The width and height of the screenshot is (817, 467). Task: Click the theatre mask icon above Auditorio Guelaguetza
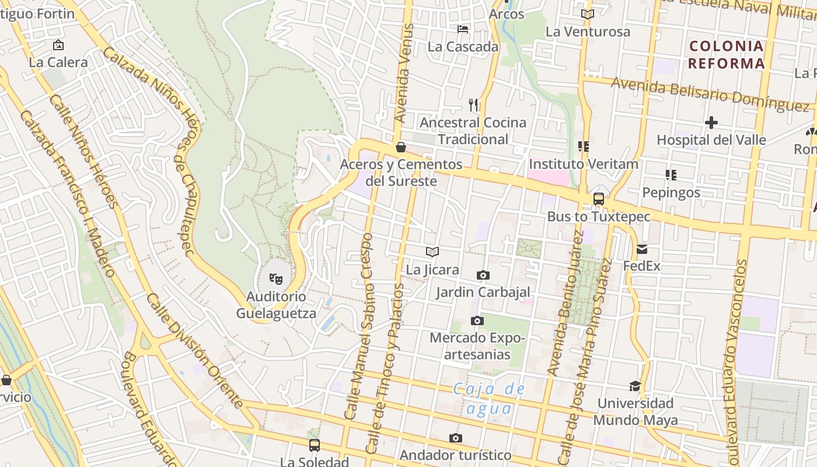point(276,279)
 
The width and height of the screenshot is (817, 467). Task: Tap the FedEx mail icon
point(642,249)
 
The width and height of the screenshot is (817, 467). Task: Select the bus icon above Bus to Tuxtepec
point(599,199)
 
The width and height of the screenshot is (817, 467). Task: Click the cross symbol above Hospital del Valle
point(711,123)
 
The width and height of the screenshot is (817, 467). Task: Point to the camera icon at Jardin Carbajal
point(483,275)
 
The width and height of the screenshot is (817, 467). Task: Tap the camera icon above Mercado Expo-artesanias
point(477,320)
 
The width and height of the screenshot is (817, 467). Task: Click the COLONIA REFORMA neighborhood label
point(726,55)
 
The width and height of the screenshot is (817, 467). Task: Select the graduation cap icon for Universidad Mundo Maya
point(635,386)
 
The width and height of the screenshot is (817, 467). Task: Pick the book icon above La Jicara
point(432,252)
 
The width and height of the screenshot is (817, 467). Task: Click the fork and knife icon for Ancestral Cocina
point(473,105)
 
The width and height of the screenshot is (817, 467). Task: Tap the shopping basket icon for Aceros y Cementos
point(401,147)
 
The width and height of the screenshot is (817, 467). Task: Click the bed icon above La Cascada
point(463,29)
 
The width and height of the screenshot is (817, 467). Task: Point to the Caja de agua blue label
point(489,399)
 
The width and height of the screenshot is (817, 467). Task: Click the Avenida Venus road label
point(403,73)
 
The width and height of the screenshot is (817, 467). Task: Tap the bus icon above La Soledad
point(315,445)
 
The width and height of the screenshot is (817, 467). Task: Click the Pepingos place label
point(671,192)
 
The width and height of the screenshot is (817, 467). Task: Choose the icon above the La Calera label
point(58,45)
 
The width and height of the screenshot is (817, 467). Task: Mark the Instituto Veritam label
point(584,164)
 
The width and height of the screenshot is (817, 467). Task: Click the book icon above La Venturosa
point(588,14)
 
